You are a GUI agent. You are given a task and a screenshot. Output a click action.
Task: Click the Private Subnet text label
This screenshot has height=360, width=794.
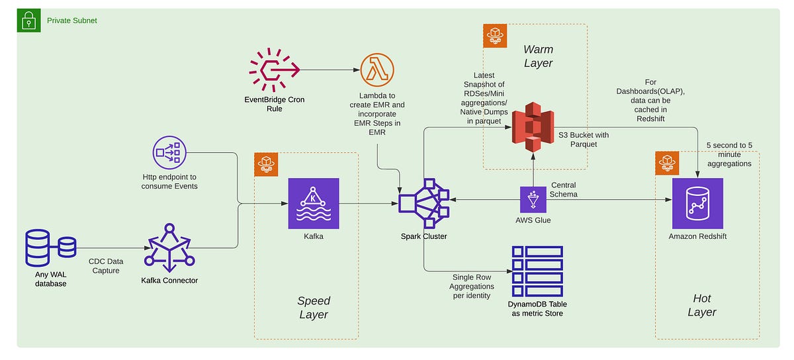[71, 21]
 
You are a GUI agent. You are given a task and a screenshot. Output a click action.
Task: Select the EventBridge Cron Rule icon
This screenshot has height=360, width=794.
[274, 68]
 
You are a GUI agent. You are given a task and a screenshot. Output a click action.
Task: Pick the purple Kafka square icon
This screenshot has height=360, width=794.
[314, 203]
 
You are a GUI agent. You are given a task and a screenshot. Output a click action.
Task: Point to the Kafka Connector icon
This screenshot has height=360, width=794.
[169, 248]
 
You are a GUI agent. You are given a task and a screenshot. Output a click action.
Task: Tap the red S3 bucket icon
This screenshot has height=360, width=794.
[533, 126]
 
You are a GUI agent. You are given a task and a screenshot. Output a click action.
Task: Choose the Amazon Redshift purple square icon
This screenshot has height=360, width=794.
[697, 203]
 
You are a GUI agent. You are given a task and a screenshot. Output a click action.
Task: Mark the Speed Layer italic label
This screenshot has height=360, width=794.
[313, 308]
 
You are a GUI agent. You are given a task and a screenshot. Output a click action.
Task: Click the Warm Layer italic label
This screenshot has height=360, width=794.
[537, 56]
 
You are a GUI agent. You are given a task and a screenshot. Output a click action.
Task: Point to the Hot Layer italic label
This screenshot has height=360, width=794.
[701, 305]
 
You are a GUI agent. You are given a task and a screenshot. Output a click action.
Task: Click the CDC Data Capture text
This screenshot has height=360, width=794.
[106, 266]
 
